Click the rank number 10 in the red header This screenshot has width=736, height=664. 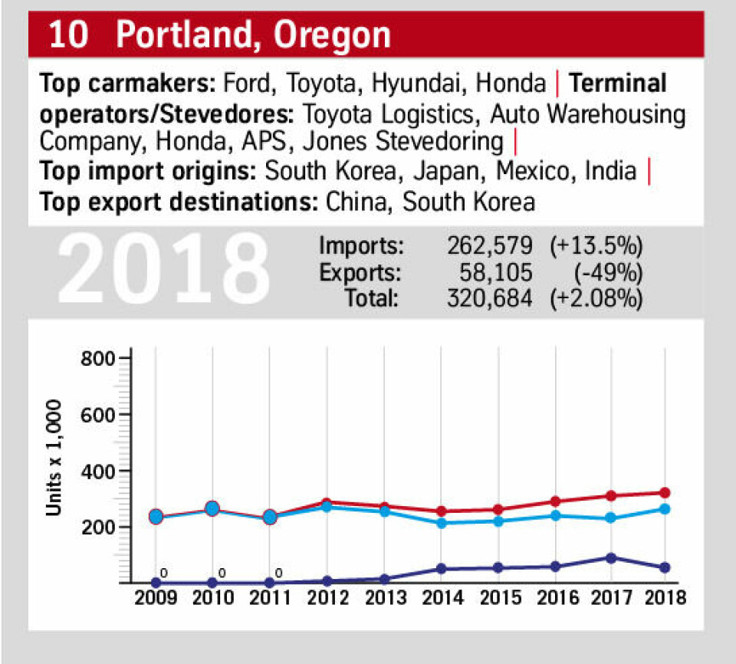[x=67, y=35]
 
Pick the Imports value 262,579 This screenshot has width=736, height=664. [x=488, y=247]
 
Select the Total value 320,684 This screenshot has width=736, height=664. [x=488, y=297]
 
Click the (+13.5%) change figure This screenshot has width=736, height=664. [x=596, y=247]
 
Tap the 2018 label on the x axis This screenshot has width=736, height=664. [x=664, y=598]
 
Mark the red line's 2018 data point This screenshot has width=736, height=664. [x=664, y=492]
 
